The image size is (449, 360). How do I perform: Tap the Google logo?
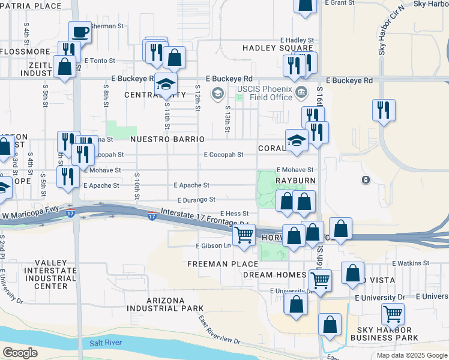[20, 353]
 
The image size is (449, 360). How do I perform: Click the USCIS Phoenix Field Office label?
[264, 93]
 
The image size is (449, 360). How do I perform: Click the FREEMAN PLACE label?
[215, 264]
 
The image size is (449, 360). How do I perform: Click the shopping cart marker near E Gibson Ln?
[244, 235]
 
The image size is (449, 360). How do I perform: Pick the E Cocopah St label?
[223, 154]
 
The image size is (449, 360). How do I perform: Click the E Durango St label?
[196, 200]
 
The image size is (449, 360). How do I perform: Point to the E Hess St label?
[234, 214]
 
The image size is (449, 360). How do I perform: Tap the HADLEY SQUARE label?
[277, 48]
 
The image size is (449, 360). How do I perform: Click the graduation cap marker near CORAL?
[297, 140]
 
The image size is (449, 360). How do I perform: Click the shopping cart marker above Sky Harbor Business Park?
[393, 313]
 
